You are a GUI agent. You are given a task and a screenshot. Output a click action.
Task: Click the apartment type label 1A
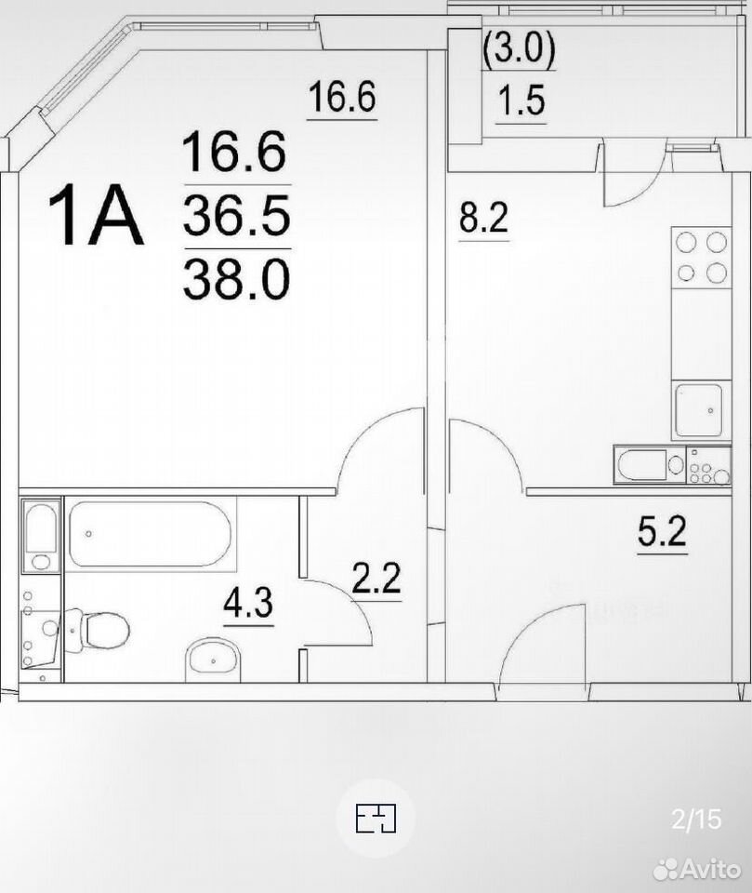(95, 215)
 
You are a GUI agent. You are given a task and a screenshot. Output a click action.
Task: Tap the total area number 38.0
(237, 280)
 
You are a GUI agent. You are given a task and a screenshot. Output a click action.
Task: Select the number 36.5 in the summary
(237, 216)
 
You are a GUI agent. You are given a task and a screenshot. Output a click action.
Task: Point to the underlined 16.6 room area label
(342, 97)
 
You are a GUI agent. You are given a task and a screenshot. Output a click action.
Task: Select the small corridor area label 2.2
(376, 578)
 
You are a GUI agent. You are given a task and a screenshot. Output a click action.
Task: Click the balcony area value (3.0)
(519, 49)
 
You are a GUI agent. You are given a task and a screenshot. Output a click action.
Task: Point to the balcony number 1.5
(521, 100)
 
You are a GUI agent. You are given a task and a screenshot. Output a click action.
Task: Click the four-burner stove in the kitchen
(701, 258)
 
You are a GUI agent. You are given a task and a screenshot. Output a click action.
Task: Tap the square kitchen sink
(698, 409)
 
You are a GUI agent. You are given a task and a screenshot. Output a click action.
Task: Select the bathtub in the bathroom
(151, 534)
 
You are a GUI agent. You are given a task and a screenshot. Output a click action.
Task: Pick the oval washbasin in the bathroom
(214, 660)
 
